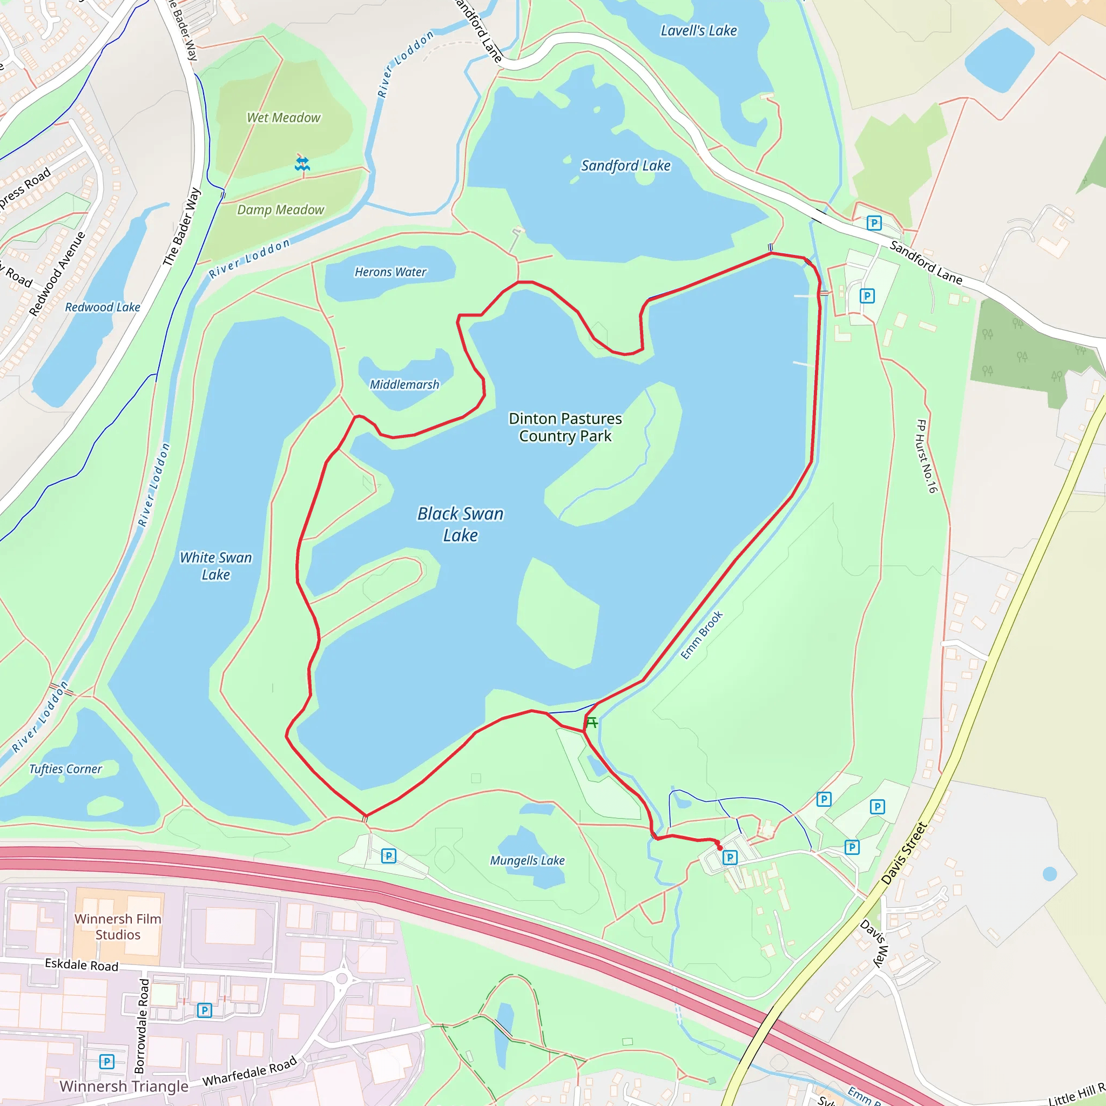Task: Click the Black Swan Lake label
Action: click(460, 524)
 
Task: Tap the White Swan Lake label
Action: click(216, 565)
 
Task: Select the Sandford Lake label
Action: click(626, 166)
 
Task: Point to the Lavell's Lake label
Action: click(698, 31)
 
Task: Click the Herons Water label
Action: click(390, 272)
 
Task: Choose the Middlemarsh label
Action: click(404, 385)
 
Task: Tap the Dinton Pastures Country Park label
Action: click(565, 427)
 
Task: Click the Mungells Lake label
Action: click(527, 860)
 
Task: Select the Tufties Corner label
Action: click(66, 769)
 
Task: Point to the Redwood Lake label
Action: click(103, 307)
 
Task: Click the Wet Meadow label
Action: click(284, 118)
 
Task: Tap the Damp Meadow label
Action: click(280, 210)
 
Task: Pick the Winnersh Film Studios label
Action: click(118, 926)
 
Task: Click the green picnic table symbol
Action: click(592, 723)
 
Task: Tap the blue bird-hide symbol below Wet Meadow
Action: click(302, 164)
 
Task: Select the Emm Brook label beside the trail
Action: click(702, 635)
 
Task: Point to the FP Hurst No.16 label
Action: click(926, 456)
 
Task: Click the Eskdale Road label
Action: click(82, 965)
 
